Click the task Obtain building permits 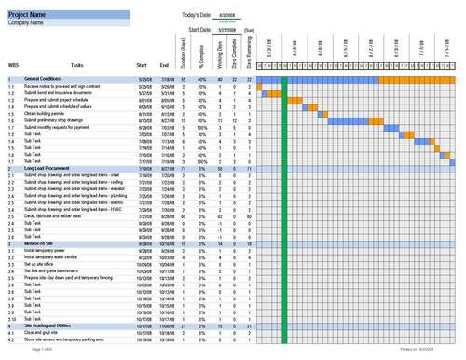pos(46,114)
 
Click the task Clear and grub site pos(43,332)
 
